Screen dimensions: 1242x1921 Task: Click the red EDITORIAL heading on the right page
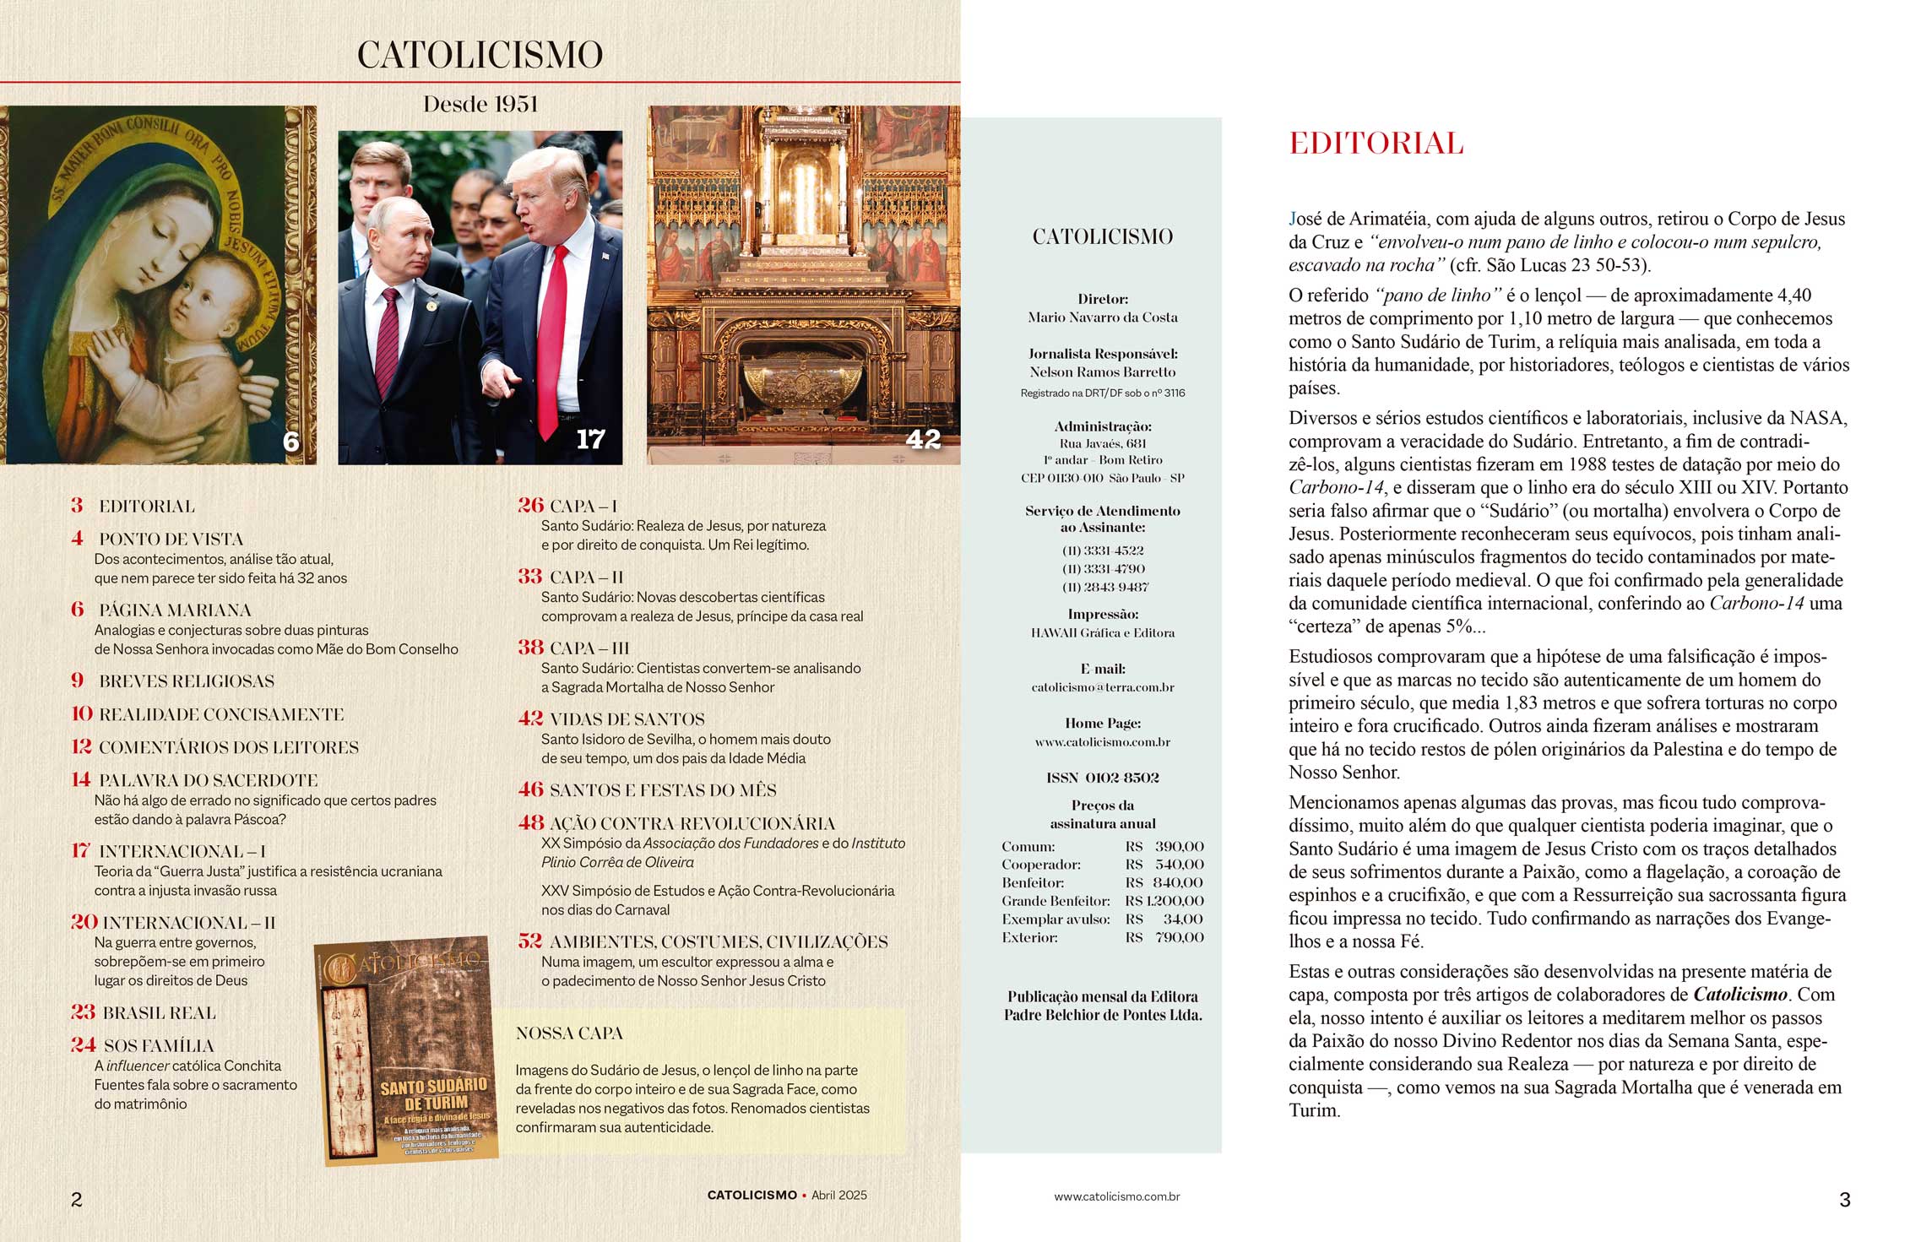coord(1376,144)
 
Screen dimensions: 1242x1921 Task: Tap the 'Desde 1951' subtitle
coord(480,105)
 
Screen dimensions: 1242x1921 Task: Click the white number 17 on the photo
coord(590,439)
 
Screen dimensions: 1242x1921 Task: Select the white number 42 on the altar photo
coord(922,439)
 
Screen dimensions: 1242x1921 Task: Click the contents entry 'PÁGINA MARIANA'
coord(175,610)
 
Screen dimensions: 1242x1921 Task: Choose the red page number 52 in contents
coord(529,941)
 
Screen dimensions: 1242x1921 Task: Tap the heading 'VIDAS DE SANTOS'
coord(627,719)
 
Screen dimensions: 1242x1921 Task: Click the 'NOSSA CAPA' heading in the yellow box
coord(569,1033)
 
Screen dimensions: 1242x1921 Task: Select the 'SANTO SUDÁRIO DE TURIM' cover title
coord(434,1094)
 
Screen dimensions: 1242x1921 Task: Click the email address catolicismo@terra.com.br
coord(1102,687)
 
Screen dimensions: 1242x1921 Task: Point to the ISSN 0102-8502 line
coord(1102,778)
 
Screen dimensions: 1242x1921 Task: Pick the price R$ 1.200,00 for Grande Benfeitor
coord(1164,901)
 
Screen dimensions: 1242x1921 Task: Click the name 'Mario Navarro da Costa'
coord(1102,317)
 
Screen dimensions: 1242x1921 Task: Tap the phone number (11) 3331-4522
coord(1102,550)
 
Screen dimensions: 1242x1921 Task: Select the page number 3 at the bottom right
coord(1844,1199)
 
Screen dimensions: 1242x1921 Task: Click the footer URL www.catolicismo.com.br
coord(1116,1196)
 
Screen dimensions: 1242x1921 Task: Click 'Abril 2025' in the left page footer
coord(838,1196)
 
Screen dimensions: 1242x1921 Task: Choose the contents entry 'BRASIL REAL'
coord(159,1012)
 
